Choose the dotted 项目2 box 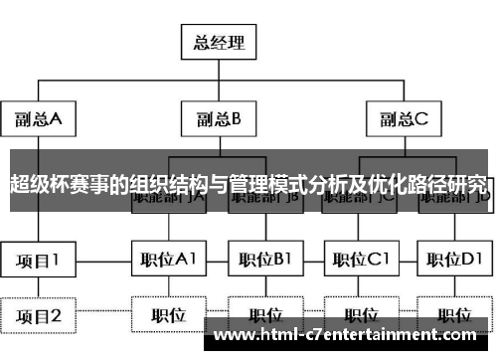[38, 317]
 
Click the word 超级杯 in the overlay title [36, 184]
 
